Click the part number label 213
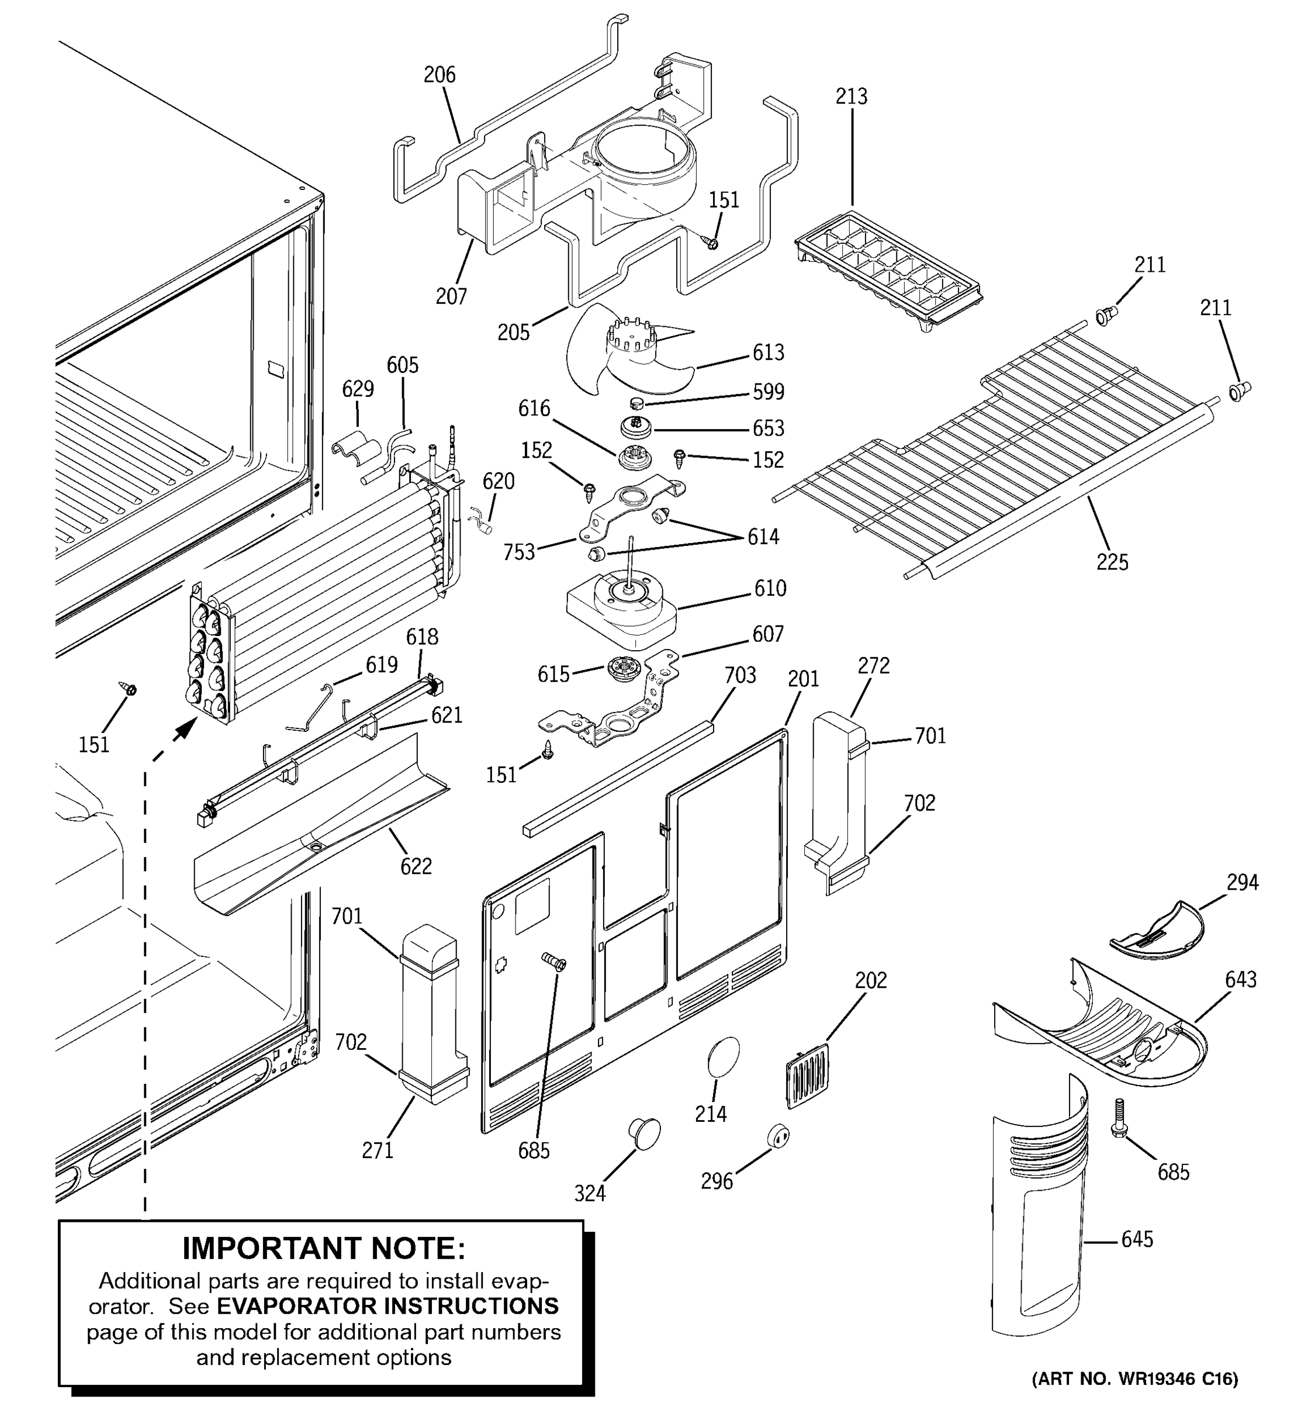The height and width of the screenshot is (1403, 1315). [851, 96]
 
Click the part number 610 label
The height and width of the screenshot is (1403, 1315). [770, 588]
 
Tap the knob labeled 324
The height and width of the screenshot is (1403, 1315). [643, 1134]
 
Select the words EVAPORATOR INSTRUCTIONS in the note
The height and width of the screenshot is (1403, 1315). [387, 1307]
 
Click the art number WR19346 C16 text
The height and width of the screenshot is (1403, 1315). [1134, 1378]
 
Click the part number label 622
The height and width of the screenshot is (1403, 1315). [416, 866]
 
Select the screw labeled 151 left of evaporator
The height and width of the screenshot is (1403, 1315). [129, 688]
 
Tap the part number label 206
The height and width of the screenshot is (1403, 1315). [440, 75]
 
